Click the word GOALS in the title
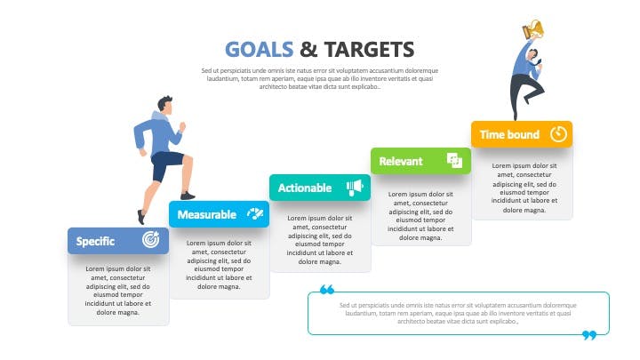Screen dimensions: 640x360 [x=260, y=50]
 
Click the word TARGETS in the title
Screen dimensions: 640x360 [x=370, y=50]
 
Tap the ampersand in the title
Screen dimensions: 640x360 [x=308, y=50]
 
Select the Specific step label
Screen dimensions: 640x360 [x=95, y=241]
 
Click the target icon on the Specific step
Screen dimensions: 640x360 [x=150, y=240]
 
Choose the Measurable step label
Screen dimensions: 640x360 [x=207, y=215]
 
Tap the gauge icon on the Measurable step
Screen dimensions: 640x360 [x=255, y=213]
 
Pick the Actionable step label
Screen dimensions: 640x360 [x=305, y=188]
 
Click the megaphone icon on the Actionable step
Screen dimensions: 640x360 [x=355, y=188]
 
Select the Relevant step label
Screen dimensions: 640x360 [x=400, y=161]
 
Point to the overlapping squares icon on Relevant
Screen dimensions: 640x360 [x=454, y=160]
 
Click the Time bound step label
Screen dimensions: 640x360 [x=509, y=134]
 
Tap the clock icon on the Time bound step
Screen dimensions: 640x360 [x=558, y=134]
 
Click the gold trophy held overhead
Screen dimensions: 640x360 [x=533, y=30]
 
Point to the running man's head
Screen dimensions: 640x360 [x=165, y=105]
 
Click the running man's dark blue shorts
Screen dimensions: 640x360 [x=166, y=164]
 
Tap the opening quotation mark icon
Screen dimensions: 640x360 [x=327, y=290]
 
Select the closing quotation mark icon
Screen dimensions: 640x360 [x=589, y=335]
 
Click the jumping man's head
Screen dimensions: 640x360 [x=533, y=54]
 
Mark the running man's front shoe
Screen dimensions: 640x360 [x=188, y=196]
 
